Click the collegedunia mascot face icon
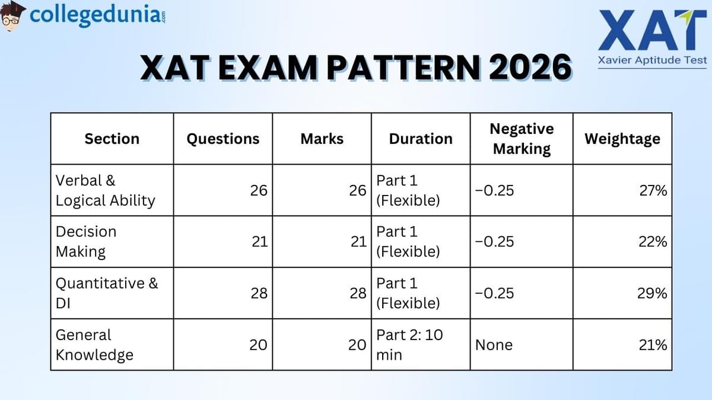click(12, 15)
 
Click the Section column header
click(112, 139)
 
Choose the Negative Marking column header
click(522, 139)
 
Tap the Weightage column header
click(622, 139)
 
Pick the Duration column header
click(421, 139)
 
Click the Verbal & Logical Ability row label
click(105, 190)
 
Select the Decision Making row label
click(86, 241)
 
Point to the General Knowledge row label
click(94, 344)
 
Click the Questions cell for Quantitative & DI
click(259, 293)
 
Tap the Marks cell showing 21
click(357, 242)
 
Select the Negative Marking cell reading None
click(494, 345)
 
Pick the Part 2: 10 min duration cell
click(409, 344)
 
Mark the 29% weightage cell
click(653, 293)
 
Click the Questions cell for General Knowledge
click(258, 345)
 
